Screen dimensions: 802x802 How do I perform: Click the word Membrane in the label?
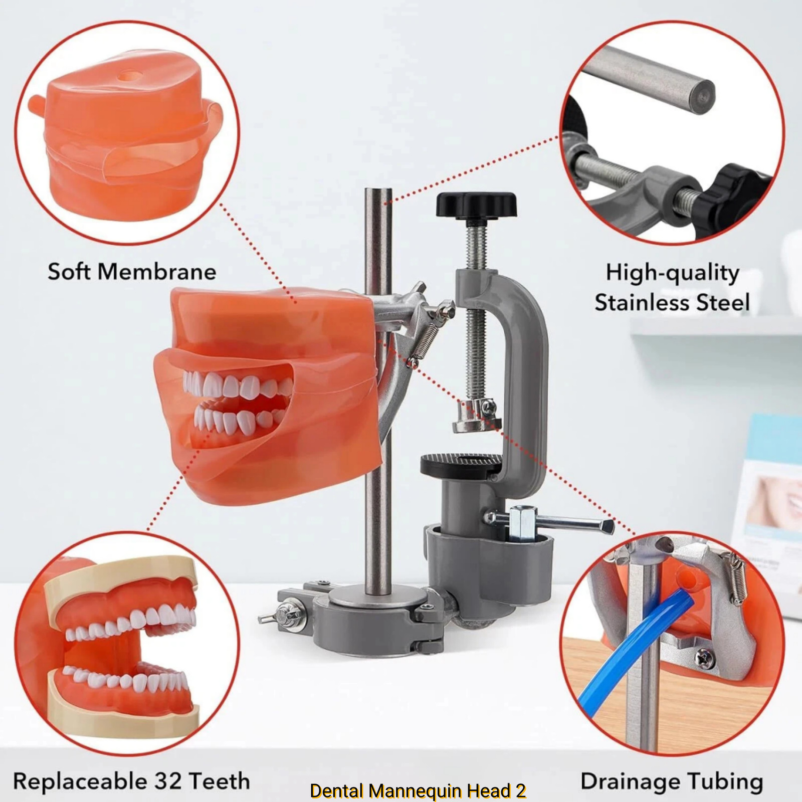(157, 272)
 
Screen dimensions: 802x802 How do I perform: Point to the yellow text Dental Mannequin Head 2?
(418, 790)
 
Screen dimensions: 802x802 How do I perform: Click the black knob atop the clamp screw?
(476, 204)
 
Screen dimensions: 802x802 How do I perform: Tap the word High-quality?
(672, 273)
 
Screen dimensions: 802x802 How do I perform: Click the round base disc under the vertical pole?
(379, 597)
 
